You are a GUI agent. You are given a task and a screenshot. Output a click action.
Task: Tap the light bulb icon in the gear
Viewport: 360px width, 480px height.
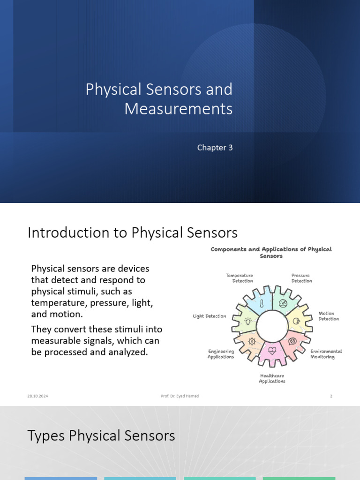pyautogui.click(x=248, y=321)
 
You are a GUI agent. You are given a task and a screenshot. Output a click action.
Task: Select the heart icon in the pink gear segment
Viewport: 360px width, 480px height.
pyautogui.click(x=272, y=349)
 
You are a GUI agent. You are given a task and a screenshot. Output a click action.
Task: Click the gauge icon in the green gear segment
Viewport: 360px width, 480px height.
pyautogui.click(x=283, y=304)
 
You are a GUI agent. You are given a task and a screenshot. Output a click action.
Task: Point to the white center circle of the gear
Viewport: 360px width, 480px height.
pyautogui.click(x=272, y=325)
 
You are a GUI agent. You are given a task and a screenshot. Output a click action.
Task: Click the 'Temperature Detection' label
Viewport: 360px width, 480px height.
pyautogui.click(x=240, y=278)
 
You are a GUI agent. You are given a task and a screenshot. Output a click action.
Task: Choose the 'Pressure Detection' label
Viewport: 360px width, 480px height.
pyautogui.click(x=301, y=278)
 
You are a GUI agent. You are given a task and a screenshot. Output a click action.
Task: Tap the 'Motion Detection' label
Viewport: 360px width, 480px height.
pyautogui.click(x=329, y=316)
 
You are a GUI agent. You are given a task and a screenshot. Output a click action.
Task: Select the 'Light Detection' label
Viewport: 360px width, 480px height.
pyautogui.click(x=210, y=316)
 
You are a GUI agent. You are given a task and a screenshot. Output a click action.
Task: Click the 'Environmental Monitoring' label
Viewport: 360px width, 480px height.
pyautogui.click(x=326, y=354)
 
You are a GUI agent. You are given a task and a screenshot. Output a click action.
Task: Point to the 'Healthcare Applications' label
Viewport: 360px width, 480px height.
pyautogui.click(x=272, y=378)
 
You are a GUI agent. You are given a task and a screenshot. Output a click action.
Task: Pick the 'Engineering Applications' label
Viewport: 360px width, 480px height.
pyautogui.click(x=221, y=354)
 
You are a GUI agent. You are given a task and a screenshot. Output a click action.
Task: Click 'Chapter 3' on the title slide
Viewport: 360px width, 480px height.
pyautogui.click(x=215, y=148)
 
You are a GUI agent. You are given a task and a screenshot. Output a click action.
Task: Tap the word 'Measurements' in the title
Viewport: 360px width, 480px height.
pyautogui.click(x=178, y=109)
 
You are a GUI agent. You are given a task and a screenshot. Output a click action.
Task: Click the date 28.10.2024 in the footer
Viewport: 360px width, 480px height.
pyautogui.click(x=37, y=396)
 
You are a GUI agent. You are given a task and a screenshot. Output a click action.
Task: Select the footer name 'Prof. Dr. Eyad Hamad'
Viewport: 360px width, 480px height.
pyautogui.click(x=180, y=396)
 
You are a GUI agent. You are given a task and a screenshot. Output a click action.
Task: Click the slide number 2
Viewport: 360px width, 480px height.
pyautogui.click(x=331, y=396)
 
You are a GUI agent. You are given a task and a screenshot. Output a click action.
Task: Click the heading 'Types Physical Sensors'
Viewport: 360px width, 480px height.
pyautogui.click(x=101, y=435)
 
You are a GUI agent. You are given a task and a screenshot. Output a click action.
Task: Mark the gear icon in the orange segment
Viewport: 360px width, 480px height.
pyautogui.click(x=252, y=341)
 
